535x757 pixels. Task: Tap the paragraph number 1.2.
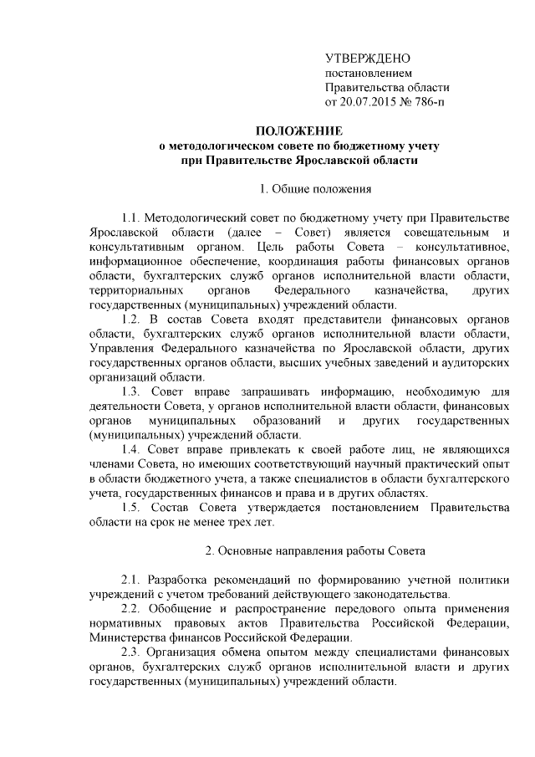(x=134, y=321)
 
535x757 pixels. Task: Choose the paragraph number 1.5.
(x=134, y=511)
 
